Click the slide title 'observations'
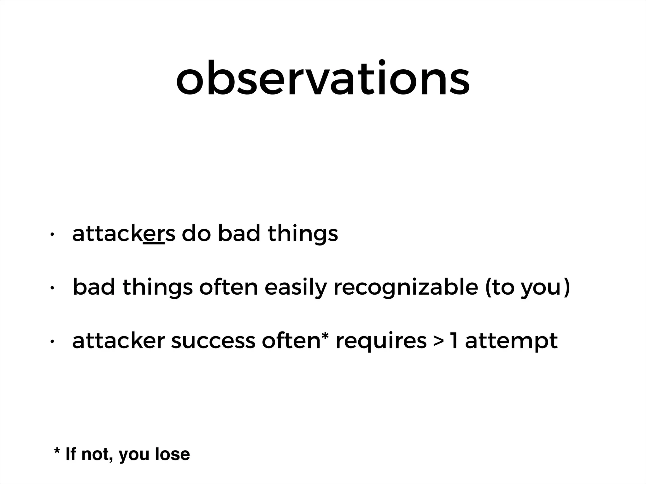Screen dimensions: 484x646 323,78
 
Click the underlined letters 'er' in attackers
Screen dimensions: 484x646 154,234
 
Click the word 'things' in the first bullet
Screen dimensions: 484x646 303,235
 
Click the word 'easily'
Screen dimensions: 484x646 295,288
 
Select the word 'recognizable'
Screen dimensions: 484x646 406,288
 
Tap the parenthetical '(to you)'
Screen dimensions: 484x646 527,288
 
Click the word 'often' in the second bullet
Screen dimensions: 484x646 228,287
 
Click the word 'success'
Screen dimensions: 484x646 213,341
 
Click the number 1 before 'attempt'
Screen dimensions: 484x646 453,341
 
